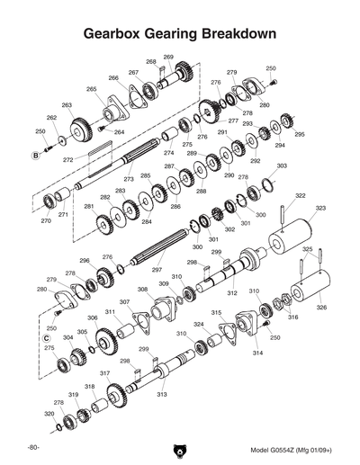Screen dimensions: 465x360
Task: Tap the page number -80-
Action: [x=32, y=447]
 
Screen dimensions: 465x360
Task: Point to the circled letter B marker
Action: [x=36, y=156]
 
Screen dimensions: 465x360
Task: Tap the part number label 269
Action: [x=168, y=57]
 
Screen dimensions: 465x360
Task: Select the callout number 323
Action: [x=319, y=208]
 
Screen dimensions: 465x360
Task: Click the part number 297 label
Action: [x=157, y=270]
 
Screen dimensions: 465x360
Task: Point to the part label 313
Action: [x=162, y=394]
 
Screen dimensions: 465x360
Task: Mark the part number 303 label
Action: [x=282, y=166]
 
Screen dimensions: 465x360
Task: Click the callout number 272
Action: [x=68, y=160]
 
